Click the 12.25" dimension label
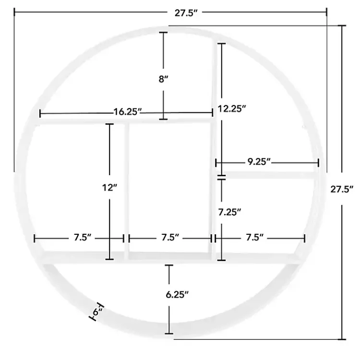click(x=232, y=108)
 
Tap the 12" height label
click(x=109, y=188)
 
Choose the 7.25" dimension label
click(x=229, y=211)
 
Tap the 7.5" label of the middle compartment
click(x=170, y=238)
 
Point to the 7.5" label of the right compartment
click(x=255, y=238)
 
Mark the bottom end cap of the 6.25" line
click(x=169, y=333)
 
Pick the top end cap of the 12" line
click(x=109, y=124)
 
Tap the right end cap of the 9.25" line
click(x=318, y=163)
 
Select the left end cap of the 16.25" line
click(x=40, y=113)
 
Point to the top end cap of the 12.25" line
click(x=221, y=44)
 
